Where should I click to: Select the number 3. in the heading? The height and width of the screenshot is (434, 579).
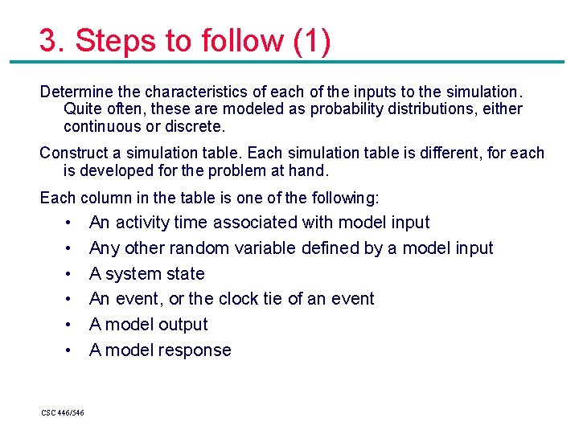click(52, 41)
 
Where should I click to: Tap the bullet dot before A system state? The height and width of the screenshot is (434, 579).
click(72, 274)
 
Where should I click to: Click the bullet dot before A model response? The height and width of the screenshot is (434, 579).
click(72, 350)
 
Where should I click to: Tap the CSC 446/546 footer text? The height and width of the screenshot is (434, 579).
click(62, 413)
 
